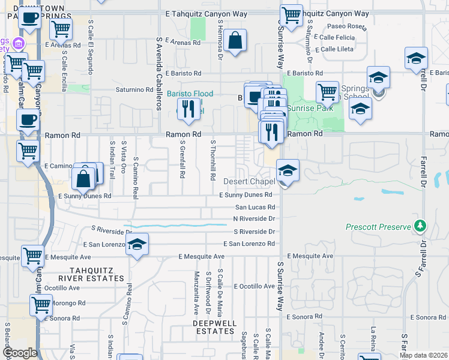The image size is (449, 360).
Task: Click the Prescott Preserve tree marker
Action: (x=421, y=226)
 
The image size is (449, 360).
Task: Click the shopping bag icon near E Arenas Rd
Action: (x=237, y=41)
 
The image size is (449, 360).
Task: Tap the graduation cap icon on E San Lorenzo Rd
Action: (x=137, y=244)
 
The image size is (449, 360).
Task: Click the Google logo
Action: (x=20, y=353)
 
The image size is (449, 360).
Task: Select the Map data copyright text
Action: (x=424, y=355)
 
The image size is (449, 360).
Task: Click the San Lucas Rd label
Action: (x=255, y=207)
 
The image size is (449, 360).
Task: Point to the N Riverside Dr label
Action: (x=254, y=219)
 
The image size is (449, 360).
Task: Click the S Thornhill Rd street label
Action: (x=212, y=160)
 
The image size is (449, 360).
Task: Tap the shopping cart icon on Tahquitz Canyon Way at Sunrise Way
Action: (x=291, y=16)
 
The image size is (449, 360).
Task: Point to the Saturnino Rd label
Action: (x=134, y=90)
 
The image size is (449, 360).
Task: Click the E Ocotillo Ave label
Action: (x=255, y=286)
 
